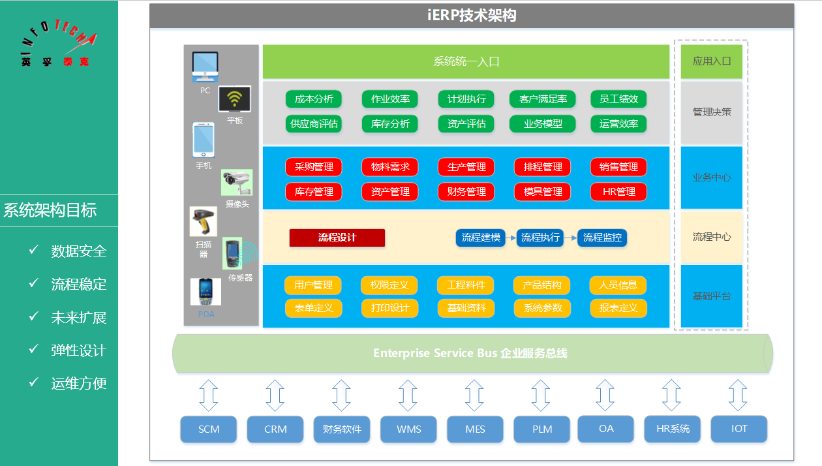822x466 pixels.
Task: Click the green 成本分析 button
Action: pyautogui.click(x=314, y=99)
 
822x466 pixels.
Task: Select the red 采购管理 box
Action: pyautogui.click(x=314, y=167)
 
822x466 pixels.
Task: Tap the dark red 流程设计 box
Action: pyautogui.click(x=337, y=238)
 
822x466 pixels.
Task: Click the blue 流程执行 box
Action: pyautogui.click(x=540, y=238)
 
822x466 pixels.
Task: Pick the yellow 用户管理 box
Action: pyautogui.click(x=313, y=285)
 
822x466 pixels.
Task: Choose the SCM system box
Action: pyautogui.click(x=209, y=429)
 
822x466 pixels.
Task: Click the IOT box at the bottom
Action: pyautogui.click(x=739, y=429)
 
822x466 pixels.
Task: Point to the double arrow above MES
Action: pyautogui.click(x=474, y=396)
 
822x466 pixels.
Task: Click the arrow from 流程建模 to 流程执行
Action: pyautogui.click(x=511, y=238)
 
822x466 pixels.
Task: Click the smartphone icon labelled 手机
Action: pyautogui.click(x=203, y=140)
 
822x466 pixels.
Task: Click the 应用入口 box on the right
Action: pyautogui.click(x=712, y=61)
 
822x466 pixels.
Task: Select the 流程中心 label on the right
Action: pyautogui.click(x=712, y=237)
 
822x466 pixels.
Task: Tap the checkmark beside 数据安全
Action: pyautogui.click(x=35, y=250)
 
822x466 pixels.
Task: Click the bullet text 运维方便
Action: pyautogui.click(x=78, y=383)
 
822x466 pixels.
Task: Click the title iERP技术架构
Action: pyautogui.click(x=472, y=16)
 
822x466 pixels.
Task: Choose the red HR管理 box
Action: pyautogui.click(x=618, y=192)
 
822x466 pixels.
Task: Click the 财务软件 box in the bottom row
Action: pyautogui.click(x=342, y=429)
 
